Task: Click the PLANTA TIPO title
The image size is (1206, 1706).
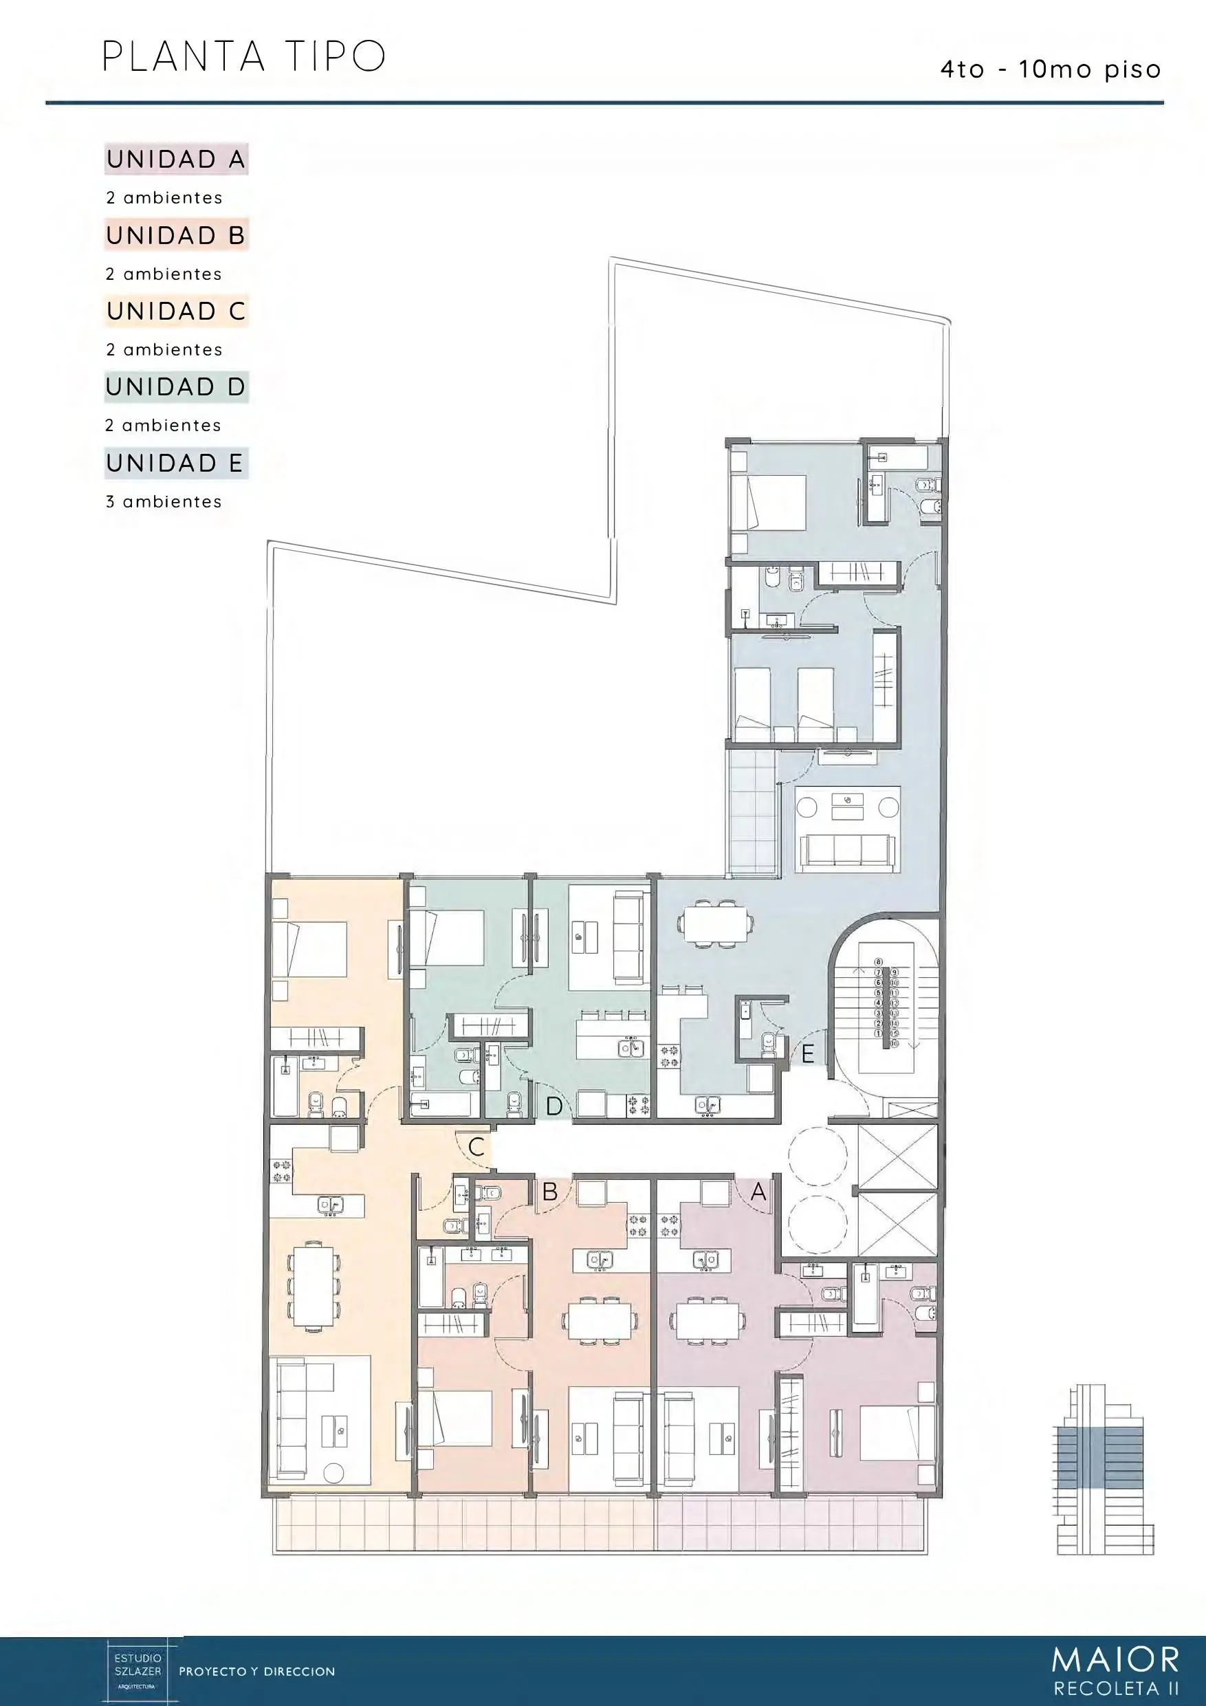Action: point(243,56)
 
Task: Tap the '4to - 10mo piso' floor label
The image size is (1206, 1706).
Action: point(1050,70)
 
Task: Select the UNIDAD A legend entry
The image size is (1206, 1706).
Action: point(176,159)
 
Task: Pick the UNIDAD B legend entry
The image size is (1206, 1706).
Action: point(176,236)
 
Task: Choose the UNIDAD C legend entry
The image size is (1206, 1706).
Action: point(176,311)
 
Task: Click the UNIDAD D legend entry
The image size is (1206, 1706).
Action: point(176,387)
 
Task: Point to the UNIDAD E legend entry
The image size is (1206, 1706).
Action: point(176,463)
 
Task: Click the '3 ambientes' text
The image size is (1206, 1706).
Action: point(164,502)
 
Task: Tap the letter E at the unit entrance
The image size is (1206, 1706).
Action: point(808,1053)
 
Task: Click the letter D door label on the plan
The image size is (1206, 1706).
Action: point(553,1107)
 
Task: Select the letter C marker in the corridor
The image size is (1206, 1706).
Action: point(476,1146)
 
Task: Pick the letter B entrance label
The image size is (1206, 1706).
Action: point(550,1192)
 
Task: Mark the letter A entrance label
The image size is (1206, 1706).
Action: point(758,1192)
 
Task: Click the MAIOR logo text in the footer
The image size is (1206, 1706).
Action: point(1115,1659)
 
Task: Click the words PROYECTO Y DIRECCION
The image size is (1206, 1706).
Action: point(257,1672)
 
